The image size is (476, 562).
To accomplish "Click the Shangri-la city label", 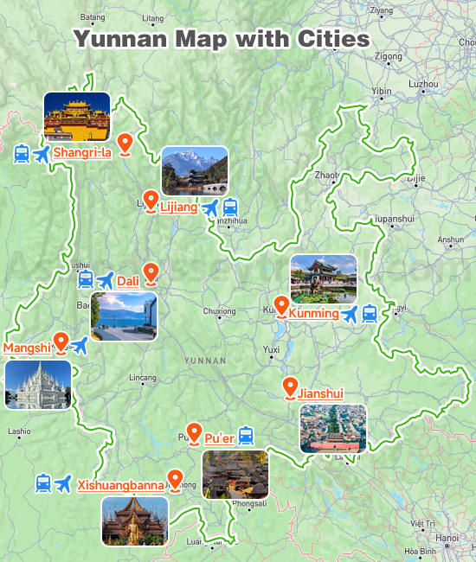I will point(83,153).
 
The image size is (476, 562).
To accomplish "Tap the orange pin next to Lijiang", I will point(151,201).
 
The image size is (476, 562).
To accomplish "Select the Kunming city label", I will point(313,313).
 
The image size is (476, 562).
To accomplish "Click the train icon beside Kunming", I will point(370,314).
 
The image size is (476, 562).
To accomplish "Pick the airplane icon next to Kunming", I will point(350,314).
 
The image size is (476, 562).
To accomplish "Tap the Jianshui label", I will point(320,393).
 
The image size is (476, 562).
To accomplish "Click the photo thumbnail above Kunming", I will point(324,278).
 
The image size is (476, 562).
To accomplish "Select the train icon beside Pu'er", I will point(246,435).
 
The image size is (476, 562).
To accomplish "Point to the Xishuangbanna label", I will point(121,485).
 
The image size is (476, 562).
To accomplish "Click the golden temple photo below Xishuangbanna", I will point(134,521).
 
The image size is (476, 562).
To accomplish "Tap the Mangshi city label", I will point(26,348).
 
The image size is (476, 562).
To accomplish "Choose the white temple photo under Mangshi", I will point(37,385).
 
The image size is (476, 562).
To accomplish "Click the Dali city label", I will point(128,281).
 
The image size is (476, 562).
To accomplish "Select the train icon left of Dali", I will point(86,279).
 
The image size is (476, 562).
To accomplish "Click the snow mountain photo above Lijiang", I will point(195,170).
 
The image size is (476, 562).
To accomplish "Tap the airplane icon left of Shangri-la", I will point(42,154).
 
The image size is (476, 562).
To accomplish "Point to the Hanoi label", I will point(447,538).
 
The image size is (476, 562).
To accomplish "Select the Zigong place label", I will point(389,57).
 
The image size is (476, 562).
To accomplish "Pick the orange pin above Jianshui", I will point(290,387).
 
